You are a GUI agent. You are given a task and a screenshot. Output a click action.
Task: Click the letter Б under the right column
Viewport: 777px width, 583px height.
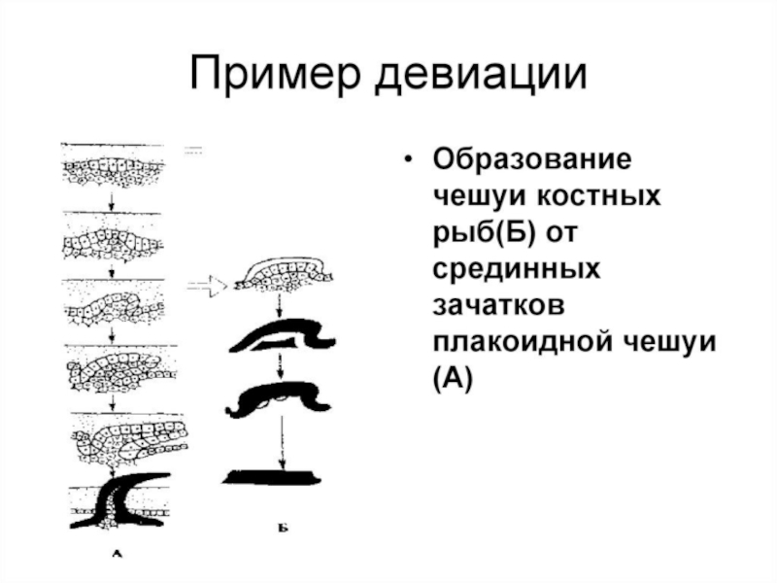pos(280,530)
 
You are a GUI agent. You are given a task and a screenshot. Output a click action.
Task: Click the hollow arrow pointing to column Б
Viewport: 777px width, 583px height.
pos(206,286)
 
